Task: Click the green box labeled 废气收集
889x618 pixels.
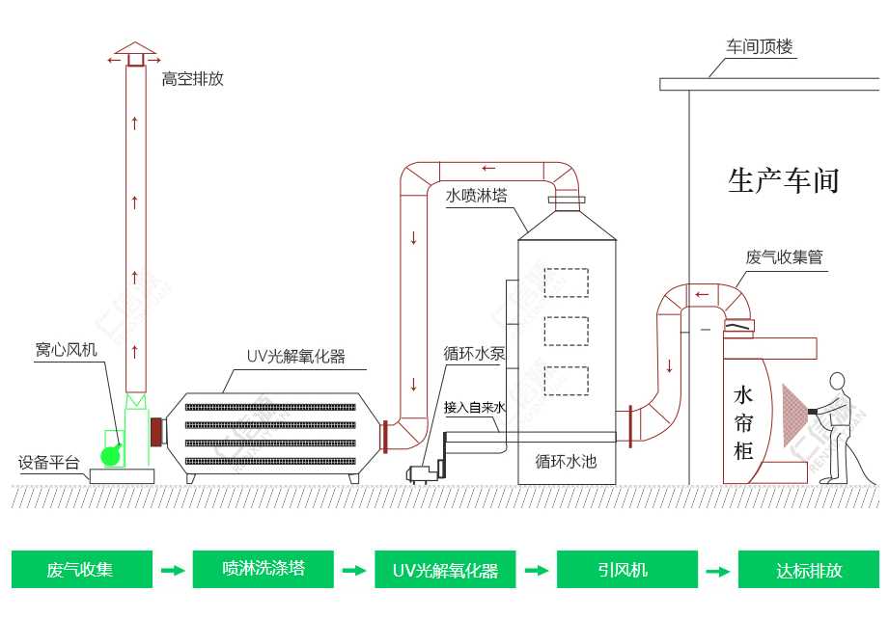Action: tap(81, 570)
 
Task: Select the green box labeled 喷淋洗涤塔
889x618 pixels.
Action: tap(263, 570)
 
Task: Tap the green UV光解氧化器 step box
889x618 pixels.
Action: tap(445, 570)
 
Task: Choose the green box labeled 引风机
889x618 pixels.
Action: tap(626, 570)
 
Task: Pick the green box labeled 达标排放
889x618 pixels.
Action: tap(809, 570)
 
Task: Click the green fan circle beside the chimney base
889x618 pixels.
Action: tap(112, 454)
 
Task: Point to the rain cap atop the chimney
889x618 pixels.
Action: tap(135, 50)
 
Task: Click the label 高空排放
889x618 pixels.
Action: tap(192, 79)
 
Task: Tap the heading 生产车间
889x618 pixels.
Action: tap(783, 180)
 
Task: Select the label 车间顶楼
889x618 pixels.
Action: tap(760, 46)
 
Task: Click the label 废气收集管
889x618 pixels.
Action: tap(784, 257)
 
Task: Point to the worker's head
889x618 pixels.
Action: tap(837, 382)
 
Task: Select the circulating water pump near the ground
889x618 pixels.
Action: tap(422, 472)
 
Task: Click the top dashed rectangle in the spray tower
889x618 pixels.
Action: tap(566, 282)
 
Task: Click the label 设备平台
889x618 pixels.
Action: tap(49, 462)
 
